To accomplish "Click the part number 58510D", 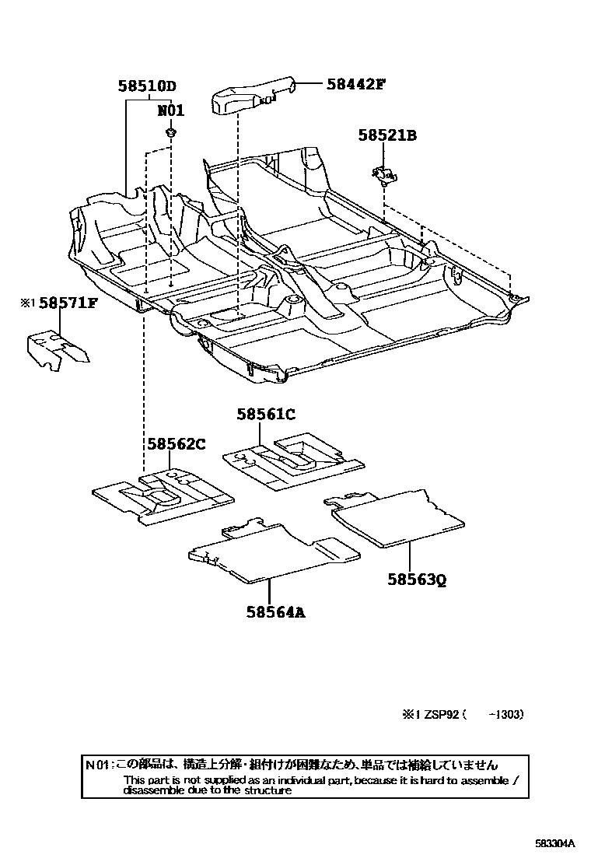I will (x=148, y=86).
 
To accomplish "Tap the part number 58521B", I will (x=387, y=135).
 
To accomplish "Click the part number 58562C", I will (x=177, y=444).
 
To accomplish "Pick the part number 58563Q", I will (x=418, y=580).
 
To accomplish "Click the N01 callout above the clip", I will (x=170, y=110).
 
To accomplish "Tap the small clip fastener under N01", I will (x=170, y=134).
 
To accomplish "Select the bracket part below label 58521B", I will (x=382, y=175).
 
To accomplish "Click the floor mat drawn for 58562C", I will (x=163, y=495).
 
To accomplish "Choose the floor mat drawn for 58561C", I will (x=293, y=461).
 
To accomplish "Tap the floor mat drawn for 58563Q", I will (x=397, y=515).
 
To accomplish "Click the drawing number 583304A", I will (x=554, y=843).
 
